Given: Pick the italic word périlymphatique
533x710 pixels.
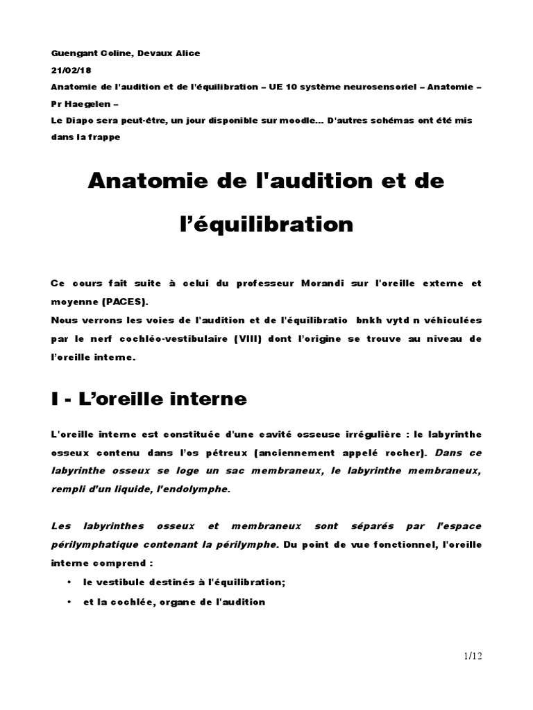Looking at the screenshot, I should [x=94, y=544].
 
